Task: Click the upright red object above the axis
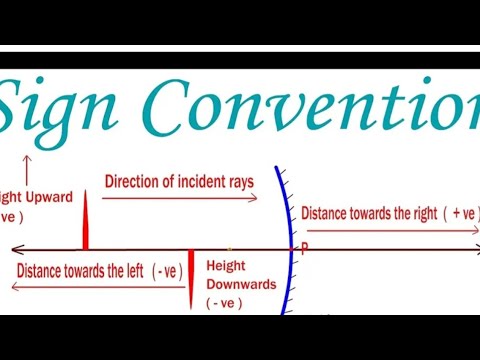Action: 84,220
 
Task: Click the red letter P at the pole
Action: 303,246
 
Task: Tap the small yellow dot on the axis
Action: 229,247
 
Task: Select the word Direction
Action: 132,182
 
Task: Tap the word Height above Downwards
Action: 226,267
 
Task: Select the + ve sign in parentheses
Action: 463,213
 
